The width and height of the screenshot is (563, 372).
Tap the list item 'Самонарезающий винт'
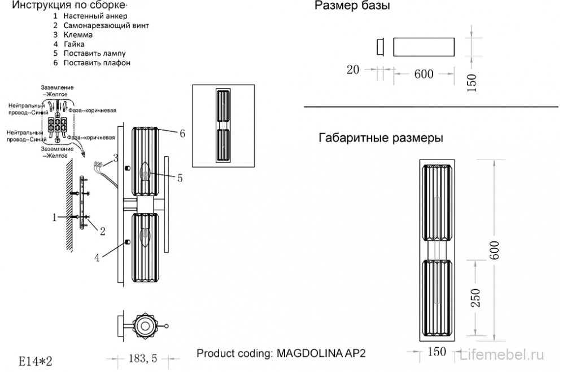[106, 26]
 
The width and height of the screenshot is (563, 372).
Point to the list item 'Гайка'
[73, 44]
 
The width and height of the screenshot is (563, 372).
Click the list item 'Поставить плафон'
[97, 63]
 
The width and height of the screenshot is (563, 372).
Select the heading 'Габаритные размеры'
[380, 138]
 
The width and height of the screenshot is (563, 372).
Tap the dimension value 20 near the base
[353, 70]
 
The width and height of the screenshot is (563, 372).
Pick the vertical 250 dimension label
[475, 298]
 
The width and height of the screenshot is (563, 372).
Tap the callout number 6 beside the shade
[182, 134]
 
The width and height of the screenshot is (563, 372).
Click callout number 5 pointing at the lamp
[180, 178]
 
